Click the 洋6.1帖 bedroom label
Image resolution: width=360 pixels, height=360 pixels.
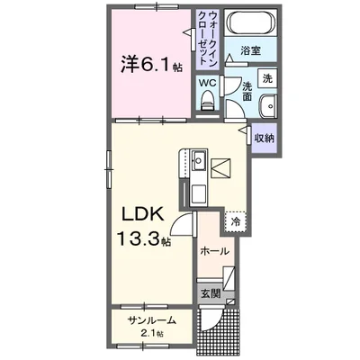click(x=148, y=65)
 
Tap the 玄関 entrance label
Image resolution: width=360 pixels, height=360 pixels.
click(x=208, y=292)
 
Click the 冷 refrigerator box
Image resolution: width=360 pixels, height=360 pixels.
click(x=236, y=220)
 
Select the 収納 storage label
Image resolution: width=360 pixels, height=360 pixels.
click(x=264, y=138)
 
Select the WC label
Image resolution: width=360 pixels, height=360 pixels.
click(x=208, y=83)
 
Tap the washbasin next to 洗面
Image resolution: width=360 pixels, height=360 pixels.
click(x=268, y=109)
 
